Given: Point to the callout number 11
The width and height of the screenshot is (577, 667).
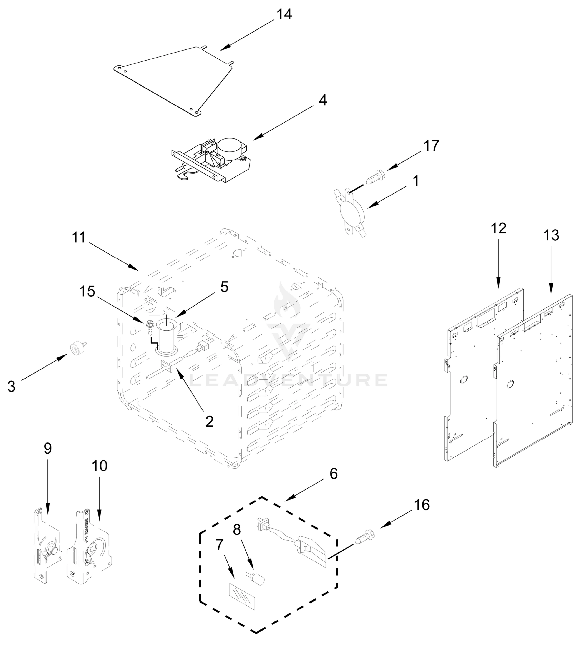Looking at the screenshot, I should [79, 238].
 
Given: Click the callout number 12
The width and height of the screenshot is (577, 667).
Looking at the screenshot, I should [498, 228].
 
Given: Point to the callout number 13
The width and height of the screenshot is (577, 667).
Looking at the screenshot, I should [551, 235].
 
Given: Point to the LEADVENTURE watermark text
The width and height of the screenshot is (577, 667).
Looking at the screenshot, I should [288, 380].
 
